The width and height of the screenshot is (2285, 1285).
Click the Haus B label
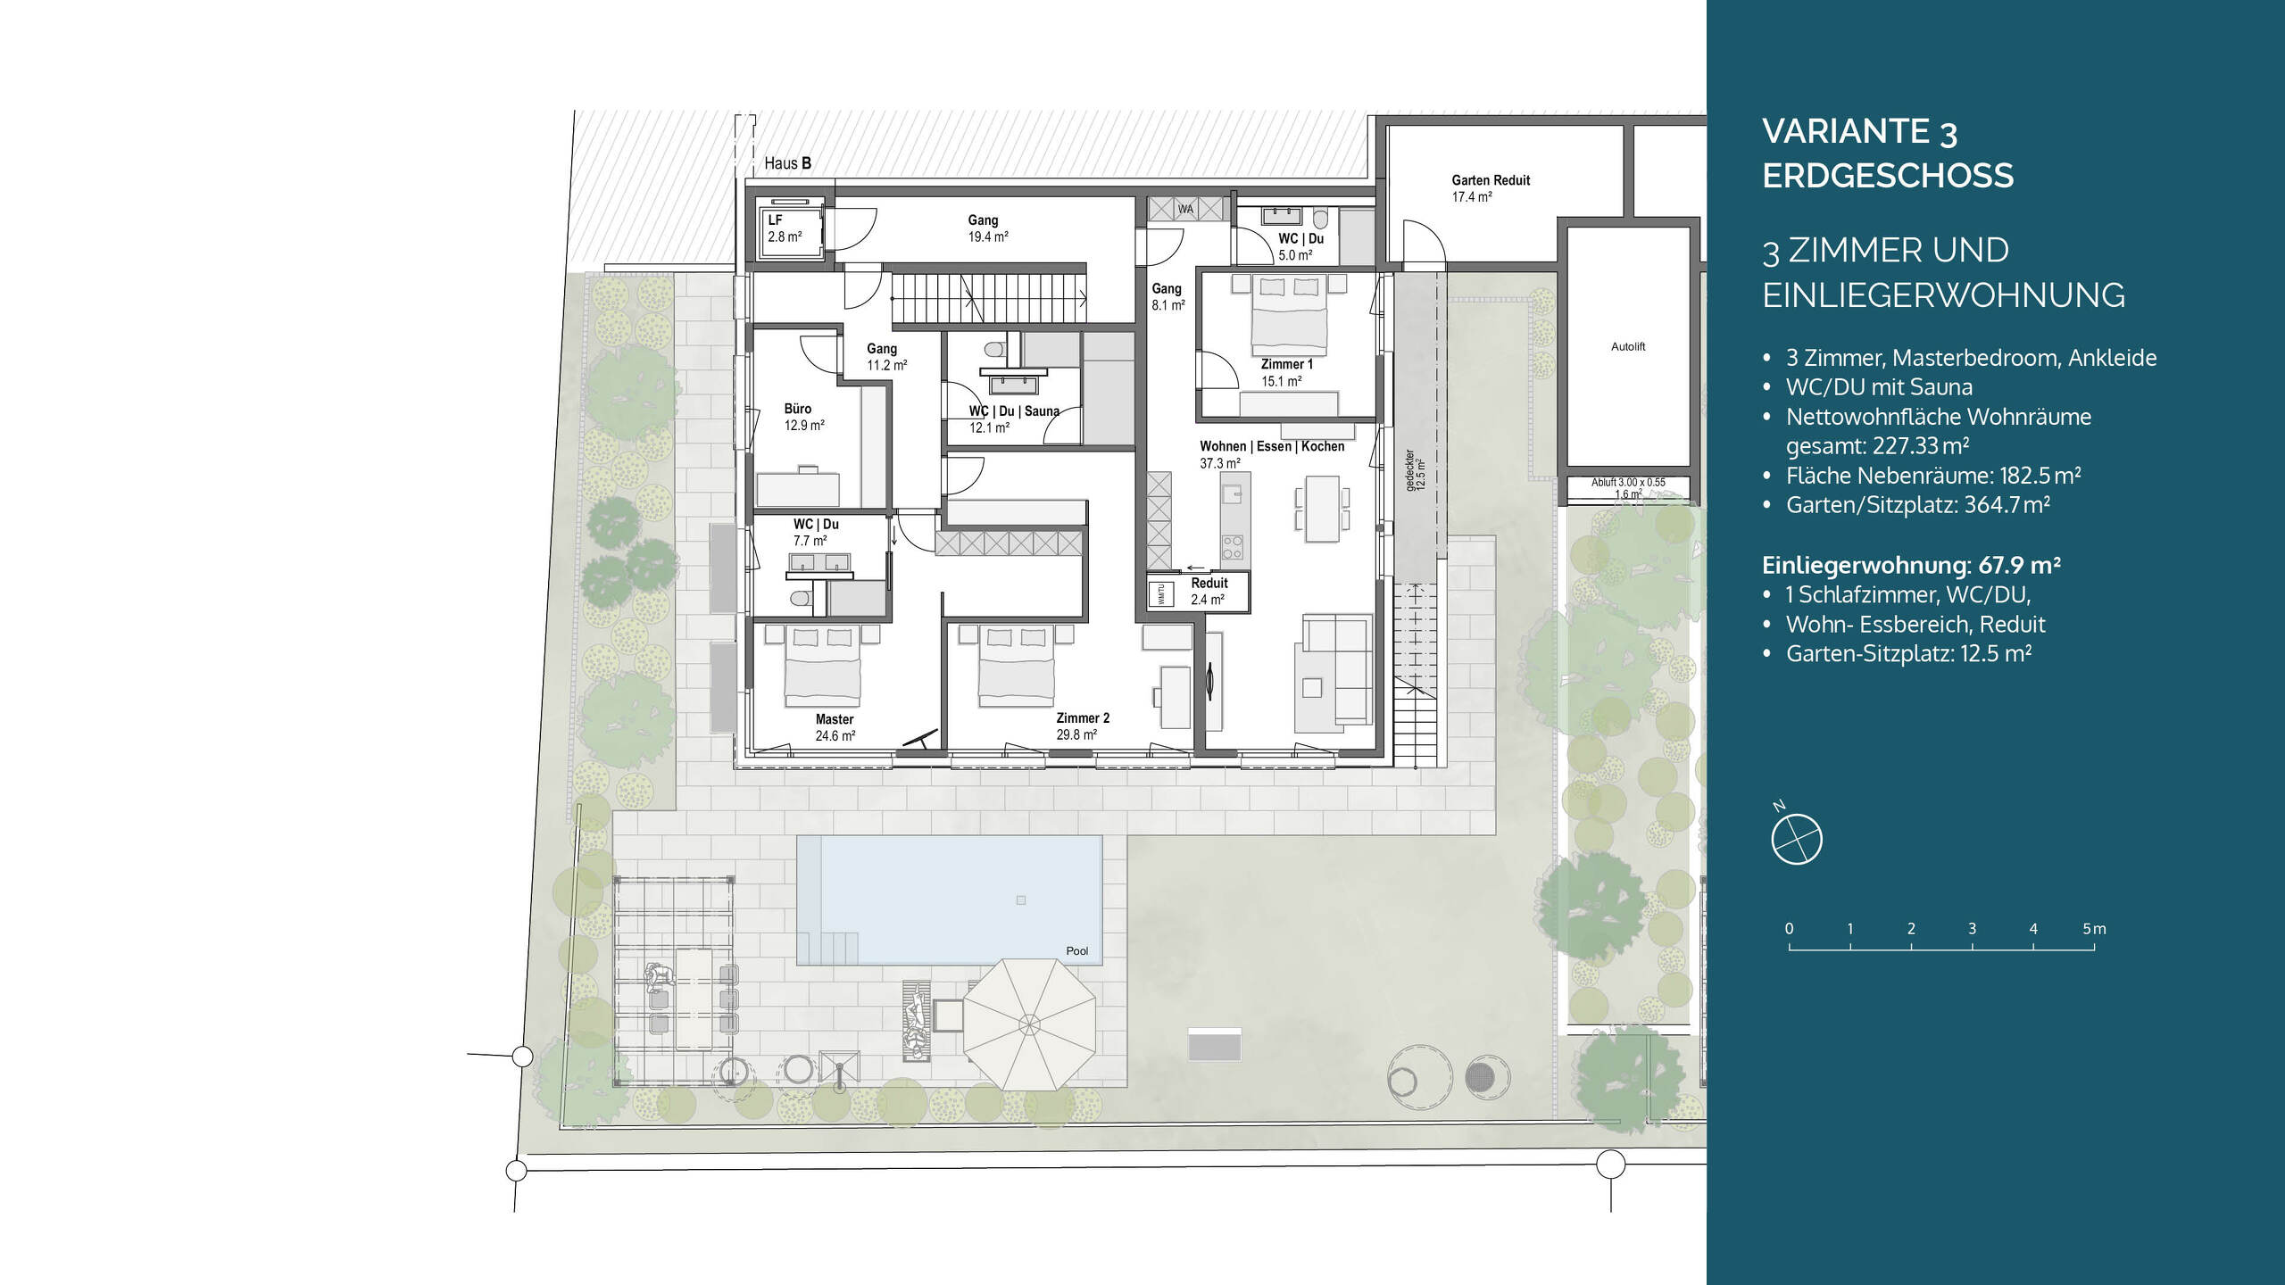pos(787,163)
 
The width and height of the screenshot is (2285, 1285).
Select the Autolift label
pos(1628,346)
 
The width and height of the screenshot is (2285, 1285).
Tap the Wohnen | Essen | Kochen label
pos(1272,446)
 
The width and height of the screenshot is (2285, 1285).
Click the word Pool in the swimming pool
pos(1077,950)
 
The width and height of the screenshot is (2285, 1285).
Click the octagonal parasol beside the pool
pos(1029,1024)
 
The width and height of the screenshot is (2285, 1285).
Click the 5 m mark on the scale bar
pos(2094,929)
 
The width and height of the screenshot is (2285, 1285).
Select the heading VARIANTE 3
pos(1859,132)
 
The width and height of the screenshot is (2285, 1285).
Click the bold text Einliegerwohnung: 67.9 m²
pos(1911,565)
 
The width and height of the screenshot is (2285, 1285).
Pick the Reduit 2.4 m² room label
pos(1209,591)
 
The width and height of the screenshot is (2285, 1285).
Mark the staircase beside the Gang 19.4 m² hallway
pos(990,298)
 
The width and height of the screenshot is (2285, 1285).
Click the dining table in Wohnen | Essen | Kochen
pos(1322,509)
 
